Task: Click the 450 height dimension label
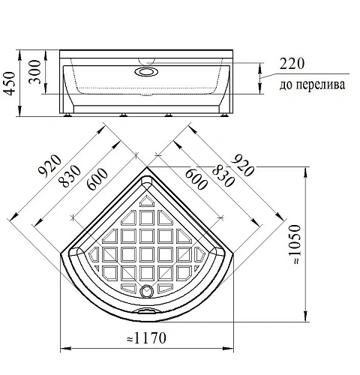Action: click(10, 83)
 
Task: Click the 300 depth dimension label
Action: click(34, 72)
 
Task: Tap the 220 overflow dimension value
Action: click(292, 64)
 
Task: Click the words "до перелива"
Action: click(312, 85)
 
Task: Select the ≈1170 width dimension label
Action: click(146, 338)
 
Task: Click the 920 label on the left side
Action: click(49, 166)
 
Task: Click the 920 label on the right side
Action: click(242, 165)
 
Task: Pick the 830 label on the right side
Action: click(223, 177)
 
